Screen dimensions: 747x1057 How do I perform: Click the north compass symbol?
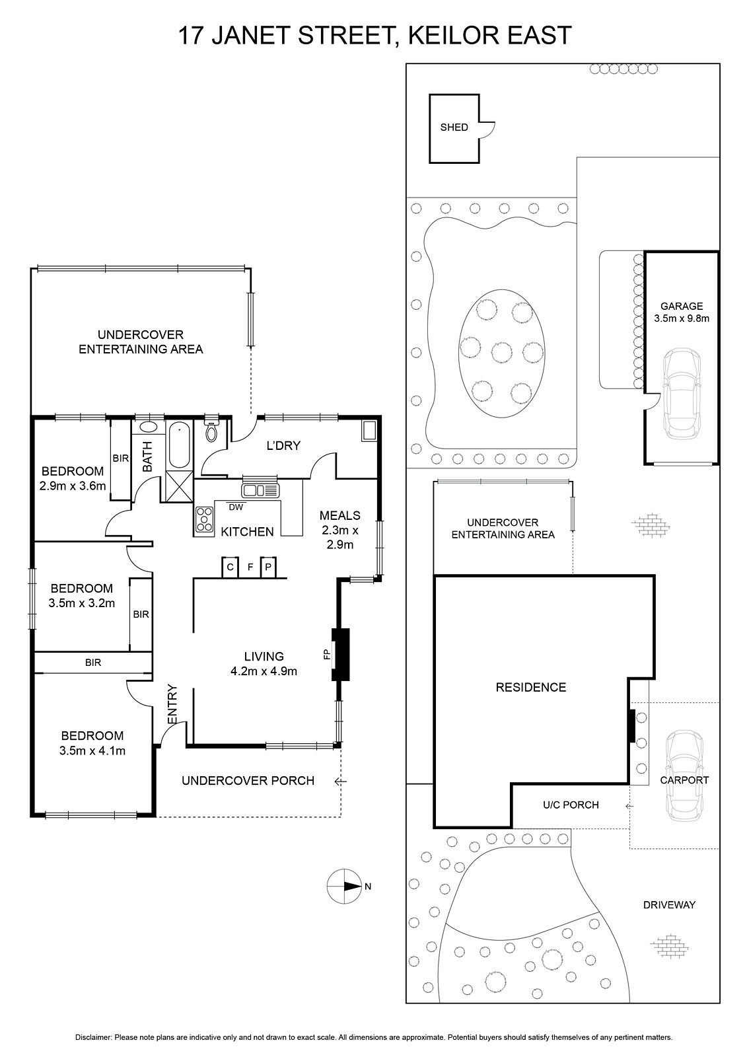tap(345, 886)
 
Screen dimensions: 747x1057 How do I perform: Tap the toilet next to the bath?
tap(211, 429)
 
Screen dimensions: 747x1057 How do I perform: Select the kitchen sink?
tap(260, 490)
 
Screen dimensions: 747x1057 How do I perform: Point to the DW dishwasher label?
tap(236, 507)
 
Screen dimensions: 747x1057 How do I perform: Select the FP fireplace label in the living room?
tap(326, 654)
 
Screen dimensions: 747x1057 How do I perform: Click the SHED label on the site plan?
tap(454, 128)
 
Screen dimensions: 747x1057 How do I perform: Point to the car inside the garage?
tap(682, 394)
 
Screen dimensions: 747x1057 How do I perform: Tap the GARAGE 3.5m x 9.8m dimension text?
tap(682, 312)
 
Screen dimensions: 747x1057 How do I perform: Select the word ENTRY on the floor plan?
tap(172, 704)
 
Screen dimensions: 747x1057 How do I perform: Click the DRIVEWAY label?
tap(669, 904)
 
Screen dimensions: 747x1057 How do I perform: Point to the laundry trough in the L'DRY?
tap(369, 431)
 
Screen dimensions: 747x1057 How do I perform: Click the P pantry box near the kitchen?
tap(268, 567)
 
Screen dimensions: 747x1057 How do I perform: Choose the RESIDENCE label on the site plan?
tap(531, 687)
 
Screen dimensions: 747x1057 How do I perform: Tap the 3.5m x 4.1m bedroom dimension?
tap(92, 750)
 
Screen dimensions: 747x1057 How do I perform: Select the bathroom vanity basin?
tap(149, 427)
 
